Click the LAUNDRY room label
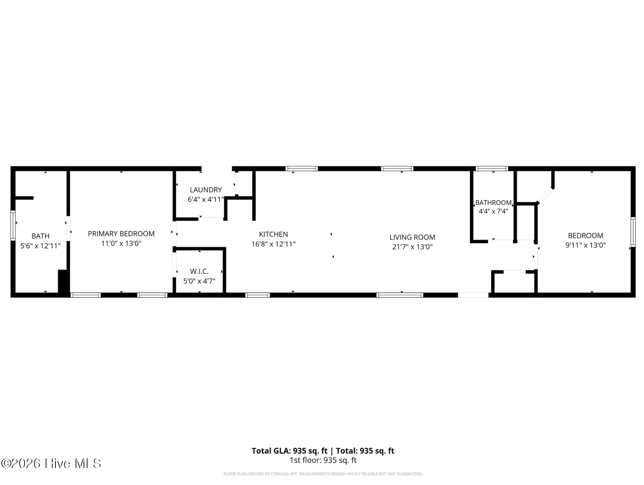(x=206, y=190)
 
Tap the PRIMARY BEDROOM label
(x=121, y=234)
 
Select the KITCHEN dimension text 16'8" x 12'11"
(x=273, y=244)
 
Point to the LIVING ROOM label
(x=412, y=237)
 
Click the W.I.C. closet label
(x=199, y=271)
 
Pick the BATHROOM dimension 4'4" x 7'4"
(x=493, y=211)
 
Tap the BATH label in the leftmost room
(x=40, y=236)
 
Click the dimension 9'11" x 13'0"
(x=585, y=245)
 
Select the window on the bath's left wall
(x=13, y=225)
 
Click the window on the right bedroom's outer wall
(x=633, y=232)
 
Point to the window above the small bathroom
(x=492, y=169)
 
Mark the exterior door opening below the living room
(x=473, y=295)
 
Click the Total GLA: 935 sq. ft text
(x=289, y=451)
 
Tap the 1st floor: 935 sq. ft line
(x=323, y=460)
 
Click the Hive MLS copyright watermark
(x=51, y=463)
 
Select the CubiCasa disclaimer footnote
(x=323, y=474)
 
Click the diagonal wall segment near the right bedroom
(x=545, y=196)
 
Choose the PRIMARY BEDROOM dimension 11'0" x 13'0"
(x=121, y=244)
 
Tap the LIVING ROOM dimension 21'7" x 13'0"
(x=412, y=247)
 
